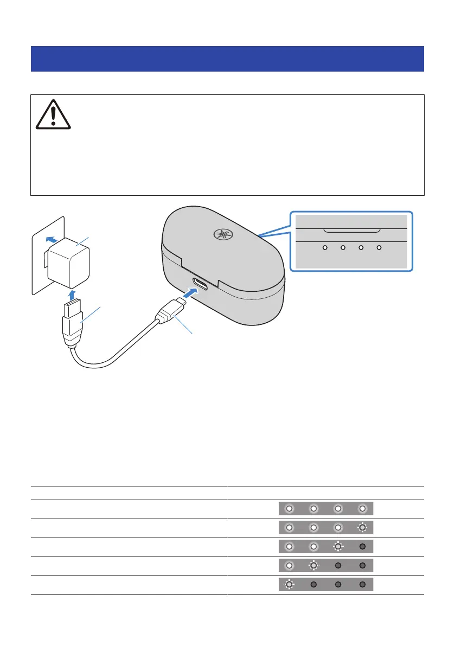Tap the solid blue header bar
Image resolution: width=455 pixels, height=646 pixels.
(227, 59)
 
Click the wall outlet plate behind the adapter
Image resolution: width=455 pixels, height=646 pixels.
(43, 271)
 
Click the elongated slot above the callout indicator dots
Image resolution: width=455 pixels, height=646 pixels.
(351, 230)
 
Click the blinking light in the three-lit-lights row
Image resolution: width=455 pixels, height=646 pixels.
(363, 528)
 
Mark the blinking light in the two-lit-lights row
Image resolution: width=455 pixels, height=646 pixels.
(338, 547)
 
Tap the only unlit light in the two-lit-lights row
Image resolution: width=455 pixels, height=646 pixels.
(363, 547)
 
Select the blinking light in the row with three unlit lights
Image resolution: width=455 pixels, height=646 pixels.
(289, 585)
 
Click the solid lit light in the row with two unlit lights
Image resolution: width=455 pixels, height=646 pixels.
(289, 566)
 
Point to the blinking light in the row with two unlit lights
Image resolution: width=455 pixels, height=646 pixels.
(313, 566)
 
